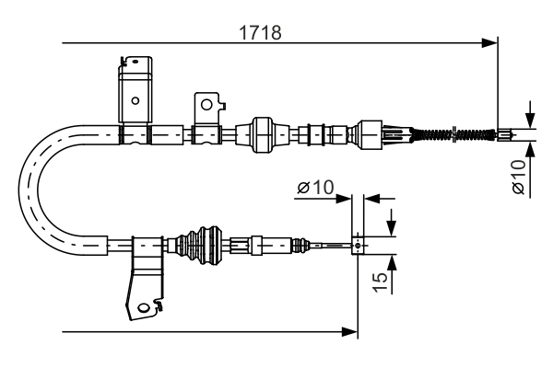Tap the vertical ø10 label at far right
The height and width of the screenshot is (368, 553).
point(518,178)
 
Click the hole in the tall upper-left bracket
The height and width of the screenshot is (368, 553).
point(135,100)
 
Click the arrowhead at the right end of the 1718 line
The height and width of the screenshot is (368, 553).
point(492,42)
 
